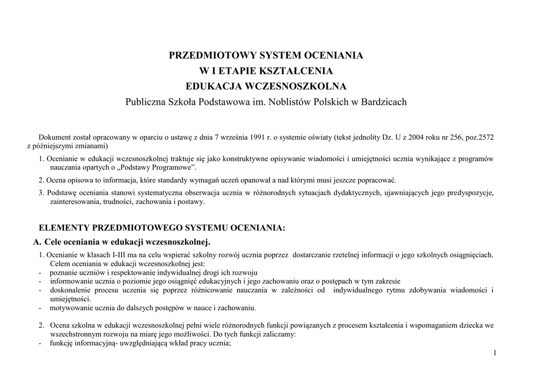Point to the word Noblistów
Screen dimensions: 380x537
tap(289, 102)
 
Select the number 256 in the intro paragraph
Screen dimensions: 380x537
tap(452, 137)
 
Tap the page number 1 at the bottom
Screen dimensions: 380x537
tap(495, 353)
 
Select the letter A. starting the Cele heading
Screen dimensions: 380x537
tap(37, 242)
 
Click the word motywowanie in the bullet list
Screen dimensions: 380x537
tap(71, 308)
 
